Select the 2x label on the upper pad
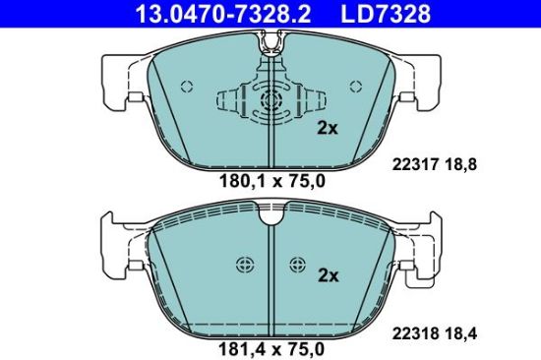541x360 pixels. (326, 128)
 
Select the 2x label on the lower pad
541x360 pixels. (326, 276)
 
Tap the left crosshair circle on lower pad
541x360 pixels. (243, 264)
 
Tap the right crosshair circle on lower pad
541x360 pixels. (297, 264)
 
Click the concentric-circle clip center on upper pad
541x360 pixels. (270, 100)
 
